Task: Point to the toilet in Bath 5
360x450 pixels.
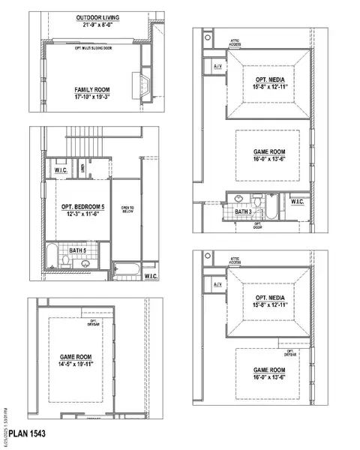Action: point(67,260)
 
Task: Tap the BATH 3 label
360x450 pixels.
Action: point(243,212)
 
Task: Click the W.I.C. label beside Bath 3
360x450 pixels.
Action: point(297,202)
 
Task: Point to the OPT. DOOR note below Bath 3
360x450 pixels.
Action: point(258,225)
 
